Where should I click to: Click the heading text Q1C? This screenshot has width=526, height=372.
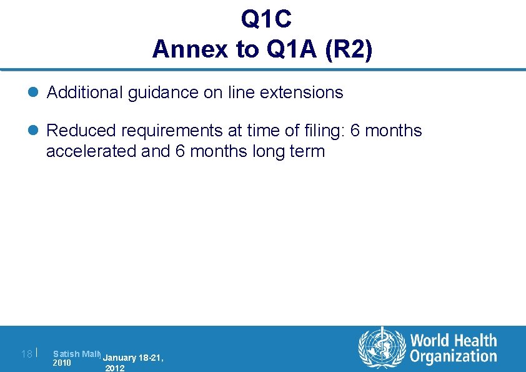pyautogui.click(x=266, y=20)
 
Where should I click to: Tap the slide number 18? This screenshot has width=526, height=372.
pyautogui.click(x=26, y=354)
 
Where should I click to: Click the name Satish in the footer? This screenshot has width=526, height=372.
pyautogui.click(x=65, y=354)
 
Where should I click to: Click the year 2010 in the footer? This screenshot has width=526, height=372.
pyautogui.click(x=62, y=363)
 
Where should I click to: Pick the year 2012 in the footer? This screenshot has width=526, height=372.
pyautogui.click(x=115, y=368)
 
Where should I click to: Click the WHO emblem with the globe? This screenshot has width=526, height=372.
pyautogui.click(x=380, y=347)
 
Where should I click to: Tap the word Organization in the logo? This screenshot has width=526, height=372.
pyautogui.click(x=454, y=357)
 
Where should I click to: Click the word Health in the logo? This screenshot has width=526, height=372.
pyautogui.click(x=474, y=341)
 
